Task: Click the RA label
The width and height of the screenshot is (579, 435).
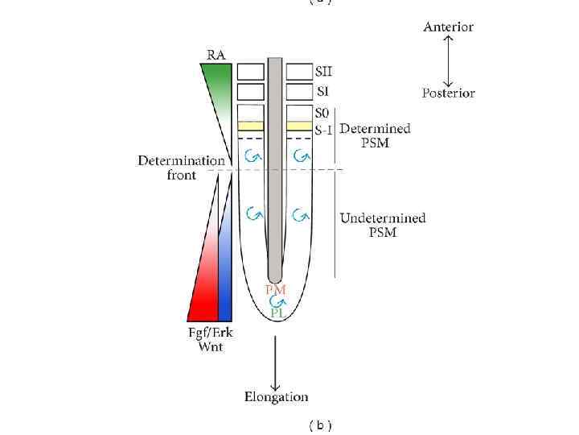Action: [x=216, y=55]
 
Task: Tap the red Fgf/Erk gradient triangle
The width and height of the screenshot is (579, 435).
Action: [x=206, y=290]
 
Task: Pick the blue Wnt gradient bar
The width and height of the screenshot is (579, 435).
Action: [x=225, y=274]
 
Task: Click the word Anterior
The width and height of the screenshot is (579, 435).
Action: [x=448, y=27]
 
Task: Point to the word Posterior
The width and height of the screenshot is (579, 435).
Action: [x=448, y=93]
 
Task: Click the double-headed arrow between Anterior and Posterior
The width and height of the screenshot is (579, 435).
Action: [x=448, y=60]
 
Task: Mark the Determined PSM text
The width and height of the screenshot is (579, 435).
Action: [x=375, y=135]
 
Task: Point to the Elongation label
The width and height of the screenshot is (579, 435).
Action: [x=276, y=396]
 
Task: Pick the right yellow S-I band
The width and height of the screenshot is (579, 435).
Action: [x=299, y=126]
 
